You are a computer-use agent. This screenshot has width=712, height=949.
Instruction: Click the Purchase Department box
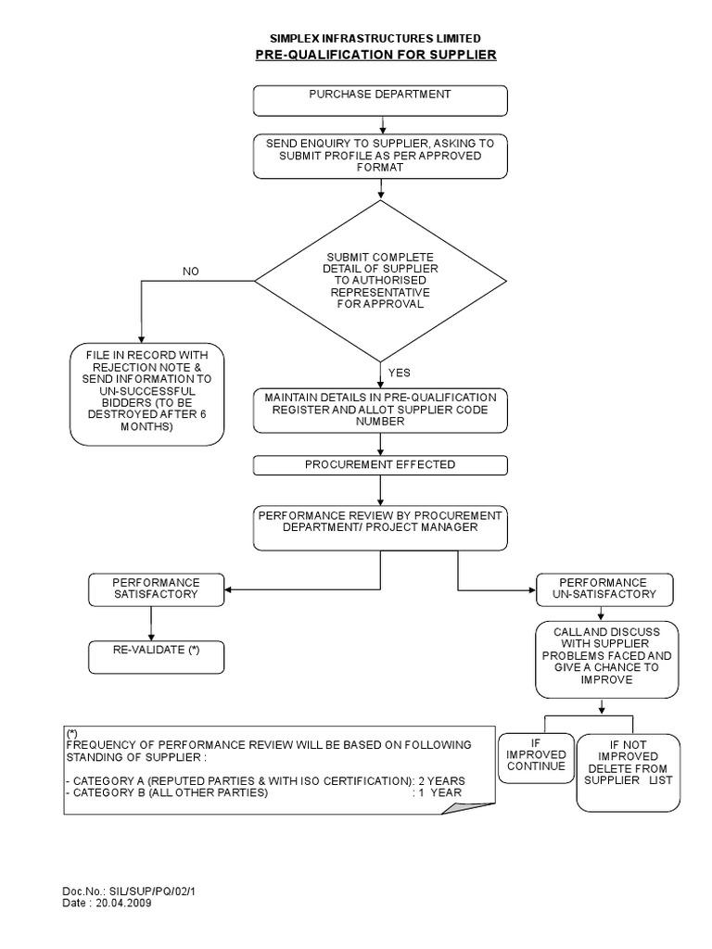click(381, 99)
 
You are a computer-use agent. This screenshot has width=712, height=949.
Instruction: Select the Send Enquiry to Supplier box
click(381, 156)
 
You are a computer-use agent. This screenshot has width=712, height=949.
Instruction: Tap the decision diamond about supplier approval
click(381, 279)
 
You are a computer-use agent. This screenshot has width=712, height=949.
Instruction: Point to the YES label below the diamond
click(400, 373)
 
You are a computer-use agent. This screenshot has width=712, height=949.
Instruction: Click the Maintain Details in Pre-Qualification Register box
click(381, 409)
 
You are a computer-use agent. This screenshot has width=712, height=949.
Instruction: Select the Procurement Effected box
click(381, 464)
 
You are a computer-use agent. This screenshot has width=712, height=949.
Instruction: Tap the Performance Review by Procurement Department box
click(381, 526)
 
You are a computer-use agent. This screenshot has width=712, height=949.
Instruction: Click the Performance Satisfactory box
click(156, 588)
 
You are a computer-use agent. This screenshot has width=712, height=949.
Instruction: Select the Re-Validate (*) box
click(156, 656)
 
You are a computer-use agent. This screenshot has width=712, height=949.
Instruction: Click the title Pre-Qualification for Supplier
click(375, 55)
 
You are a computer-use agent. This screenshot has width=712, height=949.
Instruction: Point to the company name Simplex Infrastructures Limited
click(375, 38)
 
